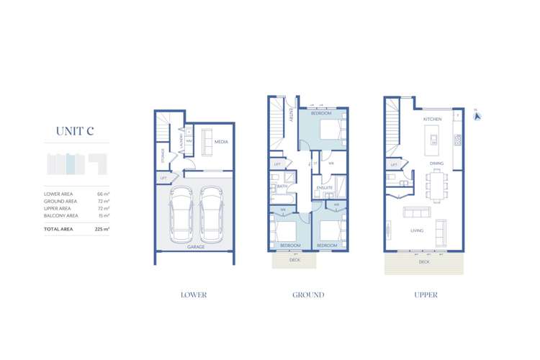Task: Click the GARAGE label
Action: click(x=196, y=246)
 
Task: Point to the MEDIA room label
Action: click(x=221, y=142)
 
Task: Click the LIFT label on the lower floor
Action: click(x=163, y=177)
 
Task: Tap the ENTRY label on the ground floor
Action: click(x=289, y=115)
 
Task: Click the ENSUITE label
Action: click(x=324, y=187)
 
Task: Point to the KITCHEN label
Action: click(x=432, y=119)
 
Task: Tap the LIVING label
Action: click(x=417, y=230)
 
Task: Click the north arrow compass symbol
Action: click(x=476, y=113)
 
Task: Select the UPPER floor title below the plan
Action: click(x=426, y=294)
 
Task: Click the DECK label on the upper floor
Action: click(x=425, y=262)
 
